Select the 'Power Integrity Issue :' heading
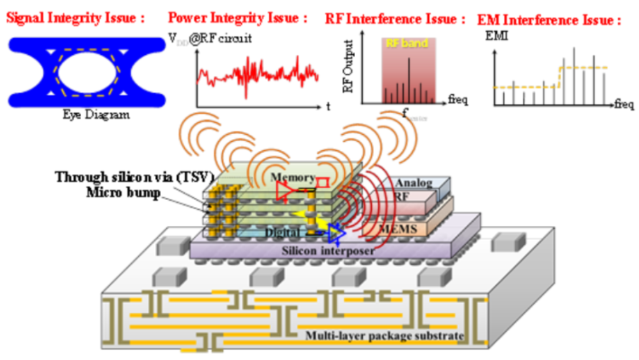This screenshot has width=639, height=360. click(238, 18)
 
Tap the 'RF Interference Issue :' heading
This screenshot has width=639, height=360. click(395, 18)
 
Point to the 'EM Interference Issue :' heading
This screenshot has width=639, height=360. click(549, 20)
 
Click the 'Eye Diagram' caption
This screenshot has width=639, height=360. click(96, 115)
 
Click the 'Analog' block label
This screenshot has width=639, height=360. click(413, 183)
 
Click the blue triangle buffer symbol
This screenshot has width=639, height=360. click(336, 233)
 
